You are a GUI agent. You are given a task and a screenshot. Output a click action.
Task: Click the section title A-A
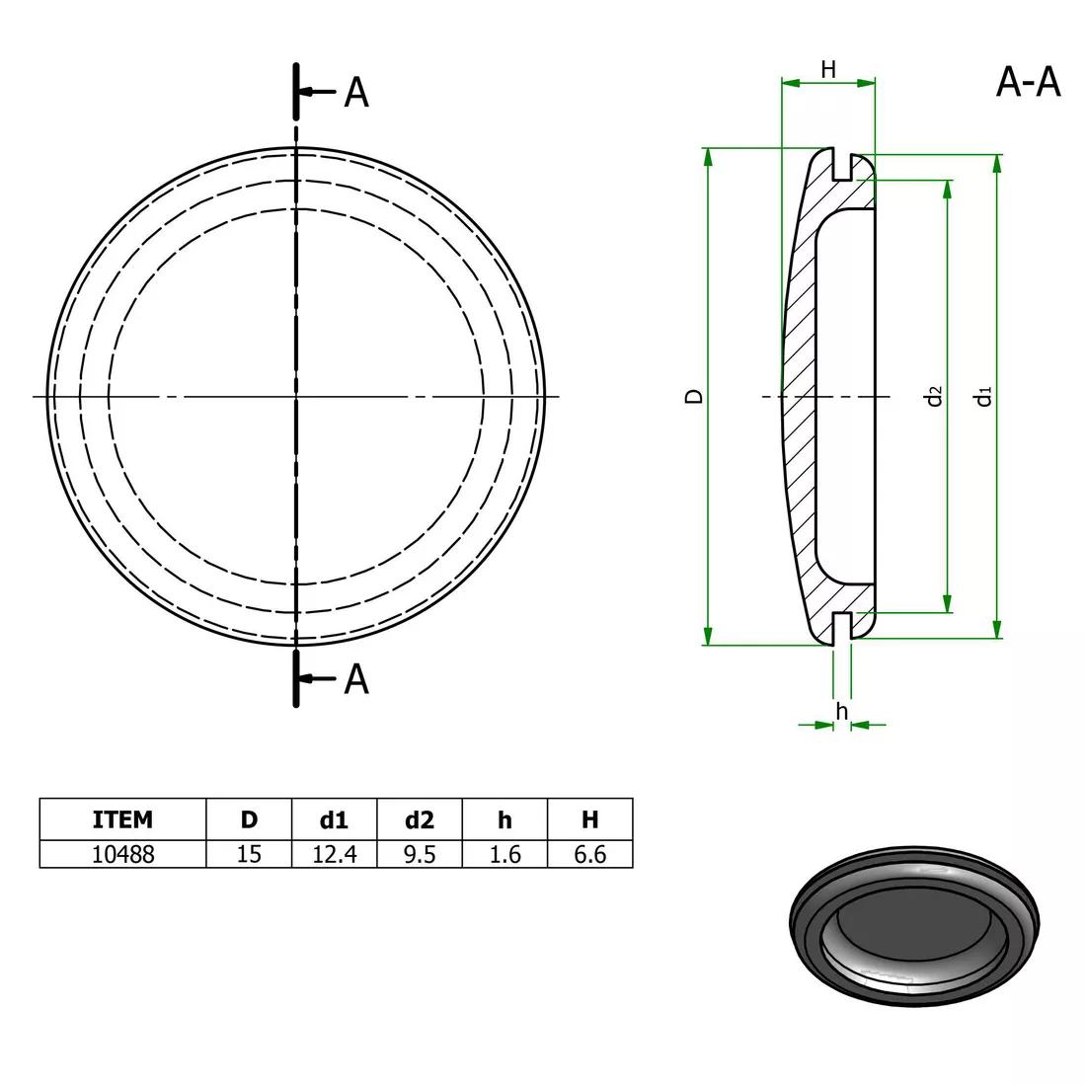pos(1028,83)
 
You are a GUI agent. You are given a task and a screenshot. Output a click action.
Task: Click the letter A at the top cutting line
pos(355,92)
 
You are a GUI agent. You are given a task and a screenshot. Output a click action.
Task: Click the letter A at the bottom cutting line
pos(355,679)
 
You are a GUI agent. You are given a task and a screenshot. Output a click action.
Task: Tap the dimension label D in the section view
pos(695,396)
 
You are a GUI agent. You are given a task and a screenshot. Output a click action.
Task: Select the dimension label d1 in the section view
pos(983,396)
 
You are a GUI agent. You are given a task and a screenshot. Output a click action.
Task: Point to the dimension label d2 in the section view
pos(934,396)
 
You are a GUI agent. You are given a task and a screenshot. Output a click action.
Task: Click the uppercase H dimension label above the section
pos(828,69)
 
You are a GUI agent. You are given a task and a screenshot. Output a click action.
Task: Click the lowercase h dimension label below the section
pos(841,711)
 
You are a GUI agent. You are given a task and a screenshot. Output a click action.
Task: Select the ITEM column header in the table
pos(122,819)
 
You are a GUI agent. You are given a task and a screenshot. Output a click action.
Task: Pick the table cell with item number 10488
pos(122,854)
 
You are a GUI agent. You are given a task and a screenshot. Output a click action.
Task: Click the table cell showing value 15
pos(249,854)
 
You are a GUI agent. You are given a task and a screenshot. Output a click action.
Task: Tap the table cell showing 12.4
pos(335,854)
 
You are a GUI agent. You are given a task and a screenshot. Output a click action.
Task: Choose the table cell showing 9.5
pos(420,854)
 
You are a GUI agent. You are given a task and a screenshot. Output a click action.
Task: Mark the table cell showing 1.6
pos(504,854)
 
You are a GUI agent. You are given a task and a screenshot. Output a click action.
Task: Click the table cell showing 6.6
pos(589,854)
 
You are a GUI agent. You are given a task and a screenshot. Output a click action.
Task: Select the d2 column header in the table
pos(420,819)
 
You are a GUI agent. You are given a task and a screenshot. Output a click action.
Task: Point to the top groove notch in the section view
pos(841,167)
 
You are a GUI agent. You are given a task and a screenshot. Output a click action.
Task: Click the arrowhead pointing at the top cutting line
pos(306,92)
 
